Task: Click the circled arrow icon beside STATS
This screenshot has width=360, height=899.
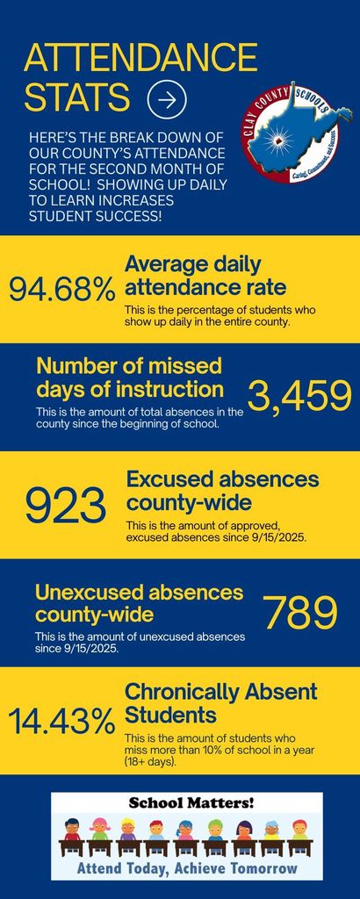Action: click(x=167, y=100)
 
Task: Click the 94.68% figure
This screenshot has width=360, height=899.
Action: click(x=61, y=289)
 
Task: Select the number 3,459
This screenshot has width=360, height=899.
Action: click(x=299, y=397)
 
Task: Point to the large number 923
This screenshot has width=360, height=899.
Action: click(x=65, y=506)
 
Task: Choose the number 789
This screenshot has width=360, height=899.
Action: click(x=300, y=613)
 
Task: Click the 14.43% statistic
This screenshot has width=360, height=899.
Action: click(x=61, y=723)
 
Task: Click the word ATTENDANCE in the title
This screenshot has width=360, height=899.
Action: click(x=140, y=59)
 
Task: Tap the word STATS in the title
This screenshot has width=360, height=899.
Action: click(x=77, y=98)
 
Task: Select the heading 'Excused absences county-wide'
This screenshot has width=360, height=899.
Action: click(x=222, y=492)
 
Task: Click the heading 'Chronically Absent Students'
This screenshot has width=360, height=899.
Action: click(x=220, y=702)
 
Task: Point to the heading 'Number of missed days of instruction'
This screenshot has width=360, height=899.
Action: click(x=130, y=377)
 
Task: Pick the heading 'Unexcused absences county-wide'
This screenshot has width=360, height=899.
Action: click(x=139, y=602)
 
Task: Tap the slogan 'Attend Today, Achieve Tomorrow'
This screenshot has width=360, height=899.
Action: click(x=186, y=868)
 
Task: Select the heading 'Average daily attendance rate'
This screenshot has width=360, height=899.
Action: click(x=205, y=275)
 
